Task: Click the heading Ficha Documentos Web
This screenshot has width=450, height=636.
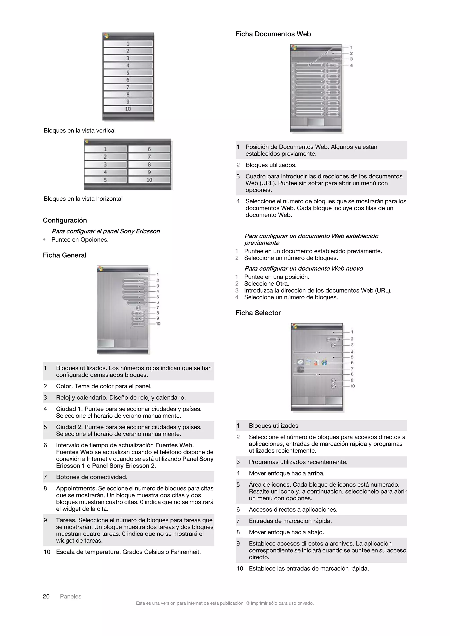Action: [273, 34]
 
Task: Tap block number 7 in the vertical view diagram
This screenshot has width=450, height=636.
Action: [128, 87]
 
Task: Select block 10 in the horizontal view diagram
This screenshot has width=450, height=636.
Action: [149, 180]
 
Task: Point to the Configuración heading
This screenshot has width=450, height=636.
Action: [65, 220]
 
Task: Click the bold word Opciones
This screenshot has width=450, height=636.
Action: [94, 240]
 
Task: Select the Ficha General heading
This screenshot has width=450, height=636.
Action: [64, 255]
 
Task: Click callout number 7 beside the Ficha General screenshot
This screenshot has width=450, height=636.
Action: [158, 307]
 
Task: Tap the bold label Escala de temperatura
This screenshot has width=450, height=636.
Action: [88, 552]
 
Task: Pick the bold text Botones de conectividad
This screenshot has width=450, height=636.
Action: [92, 477]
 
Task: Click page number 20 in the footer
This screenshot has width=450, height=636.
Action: [46, 596]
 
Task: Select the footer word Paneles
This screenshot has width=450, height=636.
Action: [71, 596]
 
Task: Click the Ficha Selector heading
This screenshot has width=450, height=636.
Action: [258, 313]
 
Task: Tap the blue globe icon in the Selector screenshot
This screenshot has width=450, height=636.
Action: [324, 363]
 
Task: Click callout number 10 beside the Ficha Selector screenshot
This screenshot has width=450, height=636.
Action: [352, 386]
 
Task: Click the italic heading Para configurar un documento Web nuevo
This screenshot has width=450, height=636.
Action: [303, 268]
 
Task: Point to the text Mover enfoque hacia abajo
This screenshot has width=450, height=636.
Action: [286, 532]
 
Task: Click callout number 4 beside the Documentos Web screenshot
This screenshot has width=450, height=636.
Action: [351, 65]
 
